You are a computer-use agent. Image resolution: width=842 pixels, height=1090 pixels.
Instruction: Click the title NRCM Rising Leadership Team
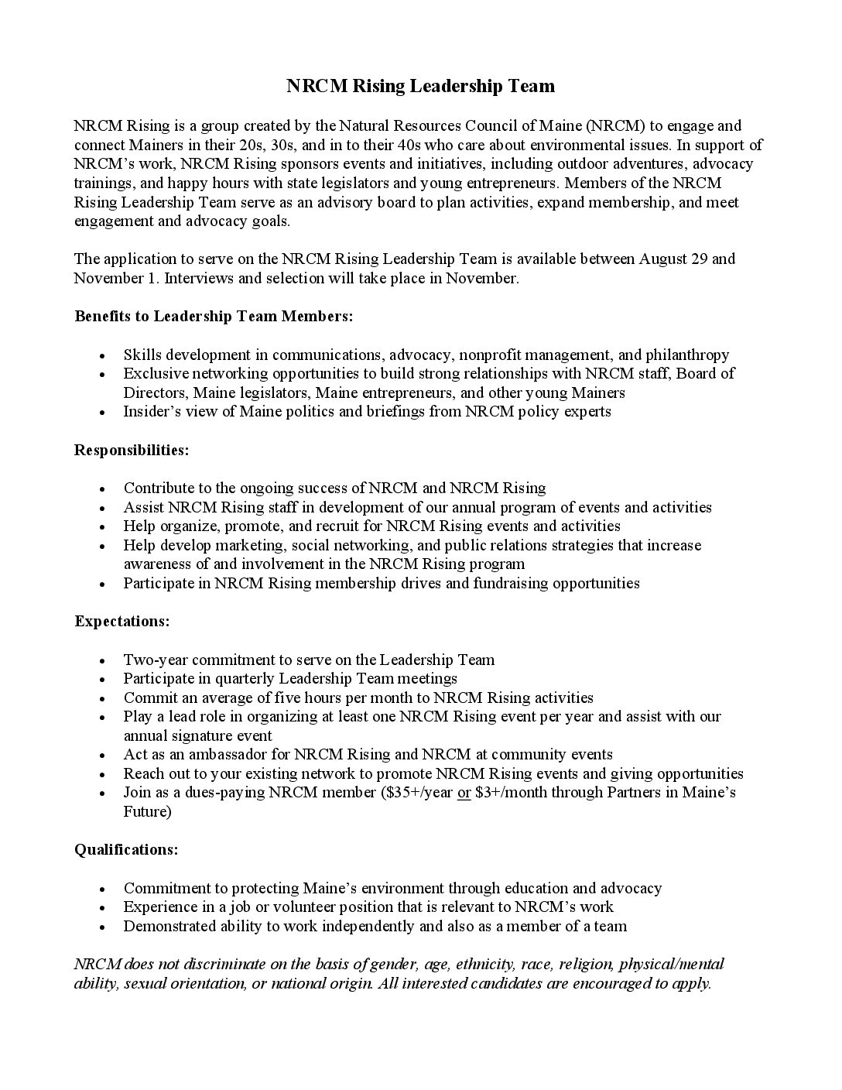click(421, 86)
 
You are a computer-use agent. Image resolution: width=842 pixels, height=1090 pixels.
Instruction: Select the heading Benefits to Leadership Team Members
click(214, 317)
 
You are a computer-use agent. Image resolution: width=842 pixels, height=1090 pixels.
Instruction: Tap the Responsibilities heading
click(132, 450)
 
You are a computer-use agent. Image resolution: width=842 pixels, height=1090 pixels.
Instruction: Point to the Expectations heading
click(122, 622)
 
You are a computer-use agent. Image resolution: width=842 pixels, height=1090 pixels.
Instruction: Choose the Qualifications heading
click(126, 849)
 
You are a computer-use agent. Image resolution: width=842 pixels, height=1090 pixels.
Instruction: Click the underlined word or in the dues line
click(464, 793)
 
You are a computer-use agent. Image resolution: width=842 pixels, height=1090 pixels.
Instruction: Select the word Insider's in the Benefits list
click(152, 412)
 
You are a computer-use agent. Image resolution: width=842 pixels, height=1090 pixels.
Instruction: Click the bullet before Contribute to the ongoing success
click(104, 489)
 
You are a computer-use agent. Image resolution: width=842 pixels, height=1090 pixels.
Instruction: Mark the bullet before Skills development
click(104, 356)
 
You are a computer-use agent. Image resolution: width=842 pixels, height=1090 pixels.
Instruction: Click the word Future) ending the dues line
click(148, 811)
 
